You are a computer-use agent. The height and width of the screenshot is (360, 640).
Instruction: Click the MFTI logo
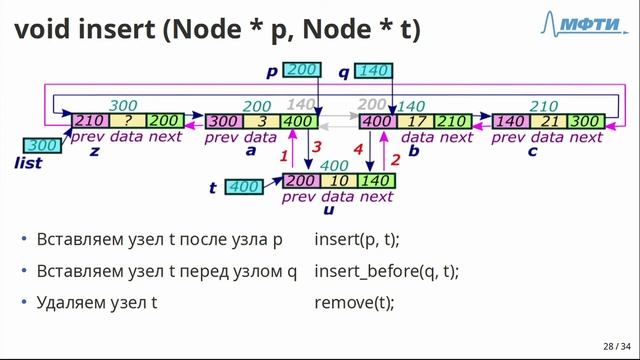pos(584,23)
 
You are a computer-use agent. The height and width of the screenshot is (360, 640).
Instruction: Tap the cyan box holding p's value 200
pos(302,70)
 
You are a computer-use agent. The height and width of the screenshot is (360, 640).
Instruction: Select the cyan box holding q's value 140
pos(373,71)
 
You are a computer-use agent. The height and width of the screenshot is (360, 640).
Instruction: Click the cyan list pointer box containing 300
pos(42,146)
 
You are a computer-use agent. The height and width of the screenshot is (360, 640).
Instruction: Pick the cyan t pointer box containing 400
pos(244,187)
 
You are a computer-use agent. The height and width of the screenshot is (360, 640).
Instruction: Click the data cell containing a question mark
pos(128,121)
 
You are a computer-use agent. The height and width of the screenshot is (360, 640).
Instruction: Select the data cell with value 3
pos(262,122)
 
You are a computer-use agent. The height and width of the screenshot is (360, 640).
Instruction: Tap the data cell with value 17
pos(416,122)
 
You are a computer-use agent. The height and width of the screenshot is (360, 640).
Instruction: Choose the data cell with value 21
pos(549,122)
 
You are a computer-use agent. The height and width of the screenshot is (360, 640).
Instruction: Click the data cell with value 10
pos(339,181)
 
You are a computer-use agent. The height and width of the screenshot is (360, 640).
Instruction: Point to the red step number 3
pos(316,147)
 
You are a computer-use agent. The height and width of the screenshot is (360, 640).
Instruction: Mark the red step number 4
pos(358,149)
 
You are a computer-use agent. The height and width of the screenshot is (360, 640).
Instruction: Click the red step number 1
pos(284,156)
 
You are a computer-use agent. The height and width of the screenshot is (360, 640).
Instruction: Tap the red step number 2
pos(395,160)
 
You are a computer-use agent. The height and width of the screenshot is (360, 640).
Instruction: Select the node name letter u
pos(329,210)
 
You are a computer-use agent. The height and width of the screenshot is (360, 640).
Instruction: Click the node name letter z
pos(94,151)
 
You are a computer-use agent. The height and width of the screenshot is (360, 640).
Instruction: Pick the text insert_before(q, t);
pos(387,271)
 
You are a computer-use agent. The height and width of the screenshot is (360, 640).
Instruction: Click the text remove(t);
pos(354,302)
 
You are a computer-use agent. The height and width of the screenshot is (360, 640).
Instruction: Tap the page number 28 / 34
pos(617,347)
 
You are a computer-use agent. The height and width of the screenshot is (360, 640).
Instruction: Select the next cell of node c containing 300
pos(586,122)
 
